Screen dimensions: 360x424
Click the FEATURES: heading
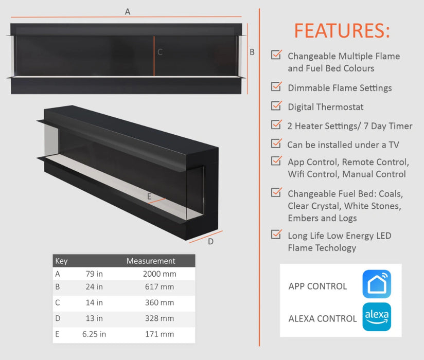(342, 31)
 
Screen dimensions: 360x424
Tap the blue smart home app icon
(377, 284)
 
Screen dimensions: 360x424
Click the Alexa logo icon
(377, 317)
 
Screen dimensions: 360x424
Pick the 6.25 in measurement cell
(94, 334)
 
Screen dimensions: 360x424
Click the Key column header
(61, 261)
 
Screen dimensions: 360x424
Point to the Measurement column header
(151, 261)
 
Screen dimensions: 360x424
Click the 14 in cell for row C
(94, 303)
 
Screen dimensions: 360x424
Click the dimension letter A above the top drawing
(128, 12)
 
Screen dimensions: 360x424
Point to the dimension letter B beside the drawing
(252, 52)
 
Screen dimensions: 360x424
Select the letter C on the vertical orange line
(160, 52)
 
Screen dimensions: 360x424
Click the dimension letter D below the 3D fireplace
(210, 242)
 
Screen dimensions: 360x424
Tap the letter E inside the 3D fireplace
(149, 196)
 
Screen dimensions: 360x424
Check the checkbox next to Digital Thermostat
(276, 106)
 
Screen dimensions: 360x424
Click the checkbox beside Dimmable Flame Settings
(276, 87)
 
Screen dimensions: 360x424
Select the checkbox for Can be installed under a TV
(276, 143)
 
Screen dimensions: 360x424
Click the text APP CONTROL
(317, 286)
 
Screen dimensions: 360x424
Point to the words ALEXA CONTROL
(323, 319)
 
